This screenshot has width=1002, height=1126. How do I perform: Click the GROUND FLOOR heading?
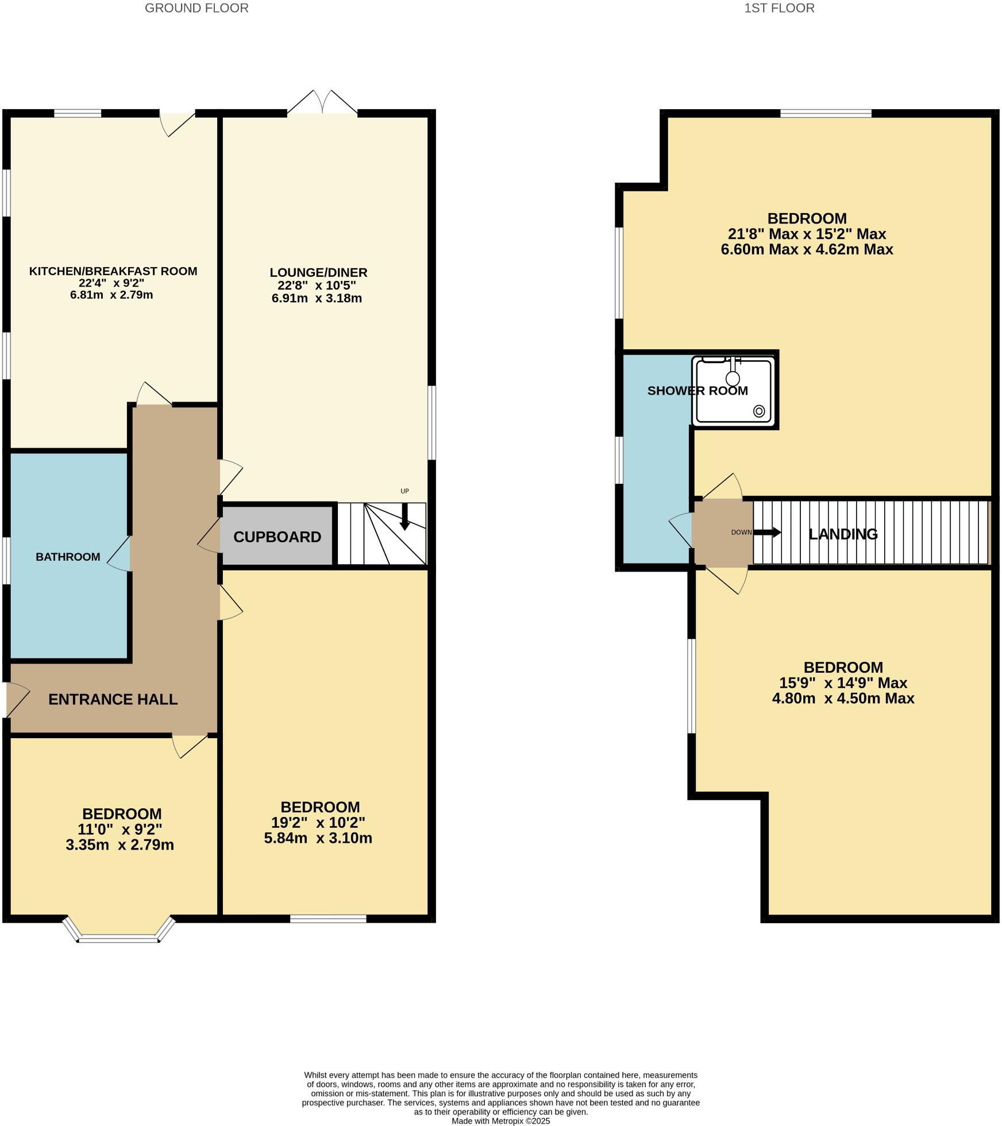pyautogui.click(x=196, y=8)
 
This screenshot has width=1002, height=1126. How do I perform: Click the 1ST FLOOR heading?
pyautogui.click(x=779, y=8)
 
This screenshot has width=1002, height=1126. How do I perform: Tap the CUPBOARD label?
pyautogui.click(x=277, y=537)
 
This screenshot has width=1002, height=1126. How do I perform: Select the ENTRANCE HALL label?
pyautogui.click(x=113, y=699)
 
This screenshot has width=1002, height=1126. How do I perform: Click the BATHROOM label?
pyautogui.click(x=68, y=557)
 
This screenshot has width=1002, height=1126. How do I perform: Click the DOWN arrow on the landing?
pyautogui.click(x=767, y=533)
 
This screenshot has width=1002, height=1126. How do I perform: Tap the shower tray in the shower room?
pyautogui.click(x=734, y=391)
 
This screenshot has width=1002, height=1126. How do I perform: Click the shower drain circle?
pyautogui.click(x=759, y=411)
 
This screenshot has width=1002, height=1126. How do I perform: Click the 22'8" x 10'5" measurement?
pyautogui.click(x=317, y=286)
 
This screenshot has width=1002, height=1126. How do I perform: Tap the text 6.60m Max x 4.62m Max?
pyautogui.click(x=807, y=249)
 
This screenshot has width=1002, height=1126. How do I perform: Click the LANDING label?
pyautogui.click(x=843, y=534)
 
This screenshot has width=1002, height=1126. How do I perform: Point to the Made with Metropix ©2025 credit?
pyautogui.click(x=500, y=1121)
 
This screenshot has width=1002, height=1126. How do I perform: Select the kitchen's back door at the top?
pyautogui.click(x=177, y=123)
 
